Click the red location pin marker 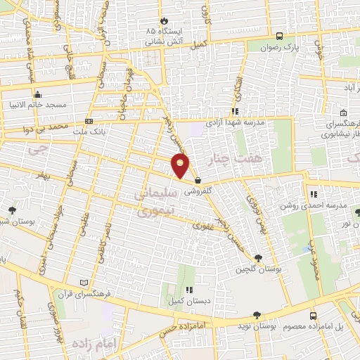(181, 166)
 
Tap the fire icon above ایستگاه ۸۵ (165, 20)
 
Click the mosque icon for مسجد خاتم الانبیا (37, 94)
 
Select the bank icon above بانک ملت (89, 121)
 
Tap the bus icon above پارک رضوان (280, 36)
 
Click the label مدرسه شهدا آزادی (235, 122)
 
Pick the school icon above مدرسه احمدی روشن (313, 194)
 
